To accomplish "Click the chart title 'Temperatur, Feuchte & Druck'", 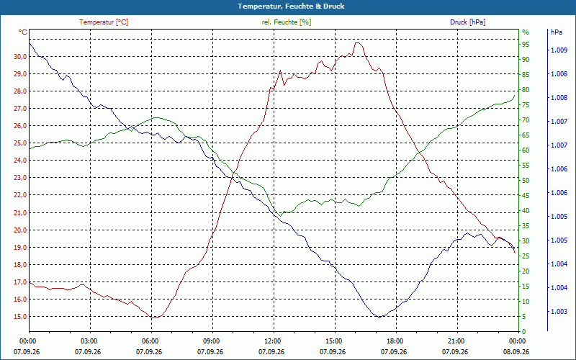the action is [291, 6].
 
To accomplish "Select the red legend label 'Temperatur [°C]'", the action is [104, 22].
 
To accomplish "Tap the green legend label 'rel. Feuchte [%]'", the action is [286, 22].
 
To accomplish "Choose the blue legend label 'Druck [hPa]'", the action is [467, 22].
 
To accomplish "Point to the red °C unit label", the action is [23, 32].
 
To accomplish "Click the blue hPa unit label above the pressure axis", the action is [556, 32].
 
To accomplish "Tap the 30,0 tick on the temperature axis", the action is [20, 57].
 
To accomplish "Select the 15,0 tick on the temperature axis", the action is [20, 317].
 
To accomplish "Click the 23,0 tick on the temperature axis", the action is [20, 178].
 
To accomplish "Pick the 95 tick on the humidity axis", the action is [526, 45].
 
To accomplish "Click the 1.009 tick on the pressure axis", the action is [559, 50].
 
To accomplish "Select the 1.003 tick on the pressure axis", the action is [559, 312].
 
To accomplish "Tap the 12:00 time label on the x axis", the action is [272, 341].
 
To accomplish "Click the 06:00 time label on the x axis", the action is [150, 341].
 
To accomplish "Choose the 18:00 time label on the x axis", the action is [394, 341].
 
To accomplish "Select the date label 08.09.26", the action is [516, 352].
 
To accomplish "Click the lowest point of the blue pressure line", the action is [379, 318].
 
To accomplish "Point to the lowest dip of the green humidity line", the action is [280, 216].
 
